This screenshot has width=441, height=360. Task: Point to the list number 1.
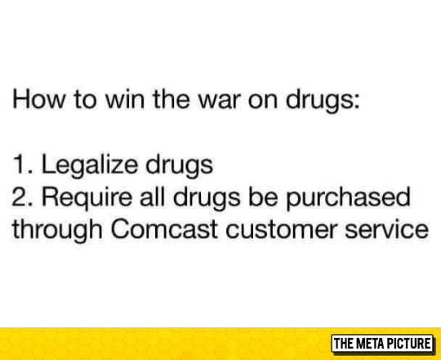[x=20, y=166]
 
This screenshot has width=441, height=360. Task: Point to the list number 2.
[x=20, y=198]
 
